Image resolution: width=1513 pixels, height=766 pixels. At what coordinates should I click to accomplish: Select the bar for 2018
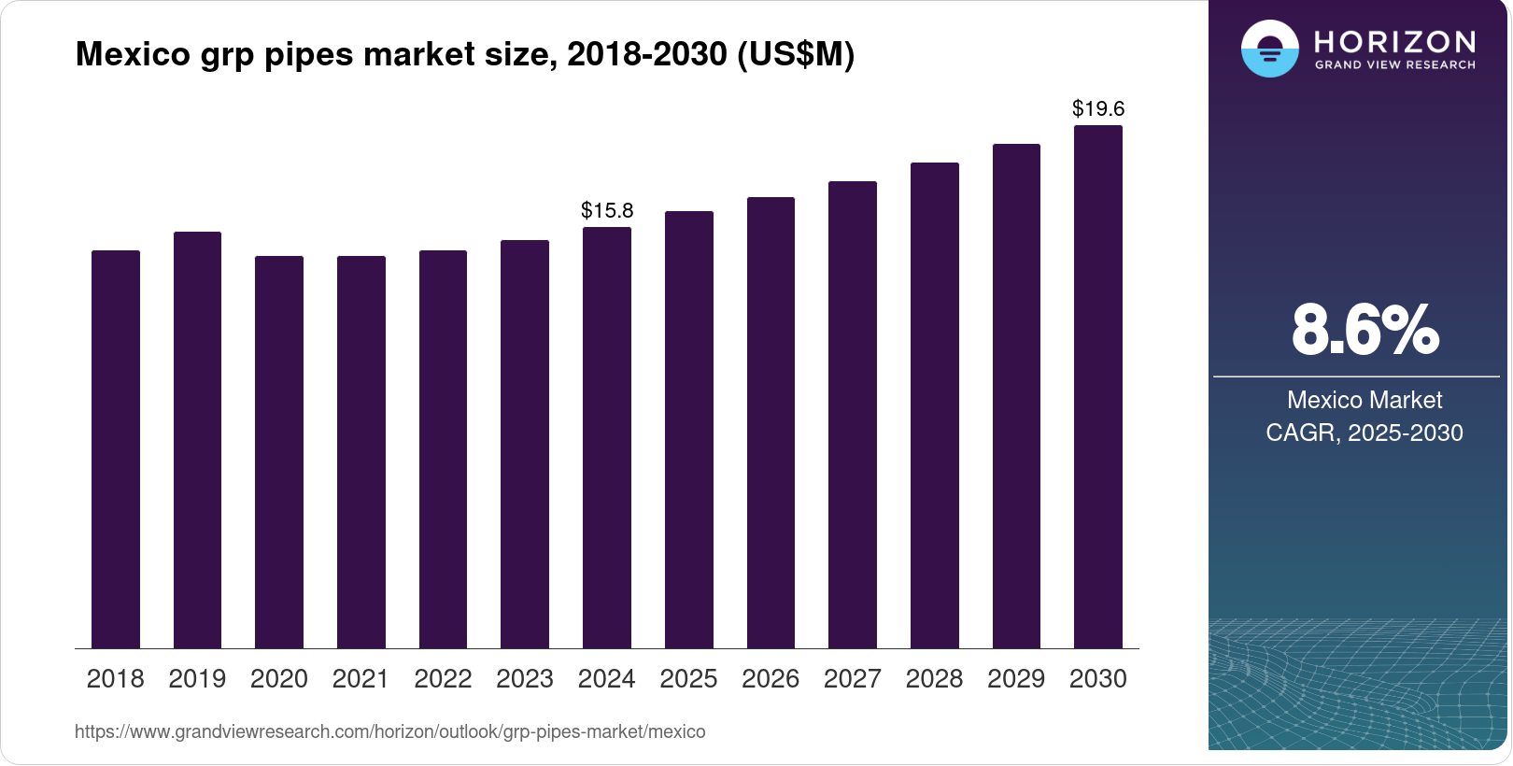116,449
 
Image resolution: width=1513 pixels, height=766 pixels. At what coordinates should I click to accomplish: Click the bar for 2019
197,440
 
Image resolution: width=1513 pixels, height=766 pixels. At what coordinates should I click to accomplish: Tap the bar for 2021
361,452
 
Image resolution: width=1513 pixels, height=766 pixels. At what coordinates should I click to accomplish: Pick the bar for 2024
607,438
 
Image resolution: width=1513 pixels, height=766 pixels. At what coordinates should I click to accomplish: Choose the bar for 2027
853,415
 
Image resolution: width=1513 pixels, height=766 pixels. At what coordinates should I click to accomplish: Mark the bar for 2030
1098,387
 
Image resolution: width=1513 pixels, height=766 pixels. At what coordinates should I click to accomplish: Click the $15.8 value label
607,210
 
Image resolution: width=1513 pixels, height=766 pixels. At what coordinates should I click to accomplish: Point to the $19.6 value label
1098,108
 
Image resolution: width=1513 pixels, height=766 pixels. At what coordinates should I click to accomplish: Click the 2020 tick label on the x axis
279,679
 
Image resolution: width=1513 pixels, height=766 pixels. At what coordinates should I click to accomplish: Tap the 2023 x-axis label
525,679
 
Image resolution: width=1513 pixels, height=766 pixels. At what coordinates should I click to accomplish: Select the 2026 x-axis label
771,679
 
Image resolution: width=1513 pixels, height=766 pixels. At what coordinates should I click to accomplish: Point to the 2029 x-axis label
1016,679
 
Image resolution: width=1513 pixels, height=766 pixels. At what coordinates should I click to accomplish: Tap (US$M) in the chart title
796,54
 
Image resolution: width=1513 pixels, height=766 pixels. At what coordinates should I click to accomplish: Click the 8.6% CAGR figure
1365,330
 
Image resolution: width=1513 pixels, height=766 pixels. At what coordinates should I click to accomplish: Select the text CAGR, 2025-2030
1365,433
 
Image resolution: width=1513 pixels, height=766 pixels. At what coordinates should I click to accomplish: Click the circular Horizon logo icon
1270,49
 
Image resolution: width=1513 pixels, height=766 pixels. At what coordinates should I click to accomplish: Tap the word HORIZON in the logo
1395,42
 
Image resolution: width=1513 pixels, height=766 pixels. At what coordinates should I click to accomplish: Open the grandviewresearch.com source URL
390,731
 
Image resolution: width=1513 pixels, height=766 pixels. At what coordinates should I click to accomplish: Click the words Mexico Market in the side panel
1365,400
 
